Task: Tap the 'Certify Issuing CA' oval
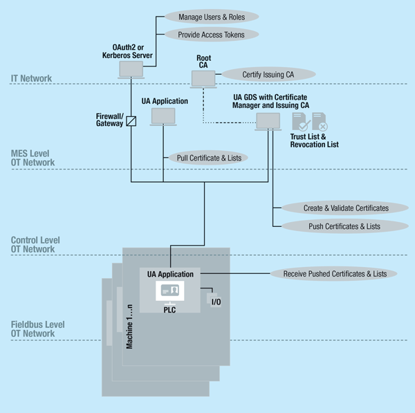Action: click(x=268, y=73)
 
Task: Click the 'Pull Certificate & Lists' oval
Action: click(x=207, y=158)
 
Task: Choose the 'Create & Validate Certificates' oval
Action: click(x=345, y=208)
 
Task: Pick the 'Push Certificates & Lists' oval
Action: click(x=345, y=226)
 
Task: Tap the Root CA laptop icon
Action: click(x=203, y=78)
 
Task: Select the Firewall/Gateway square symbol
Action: click(x=131, y=121)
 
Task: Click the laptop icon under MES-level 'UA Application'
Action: click(x=163, y=116)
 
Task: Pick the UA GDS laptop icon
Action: click(x=266, y=122)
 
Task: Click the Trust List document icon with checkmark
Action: click(x=300, y=122)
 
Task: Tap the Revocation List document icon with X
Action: click(x=320, y=122)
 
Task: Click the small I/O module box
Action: click(x=214, y=300)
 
